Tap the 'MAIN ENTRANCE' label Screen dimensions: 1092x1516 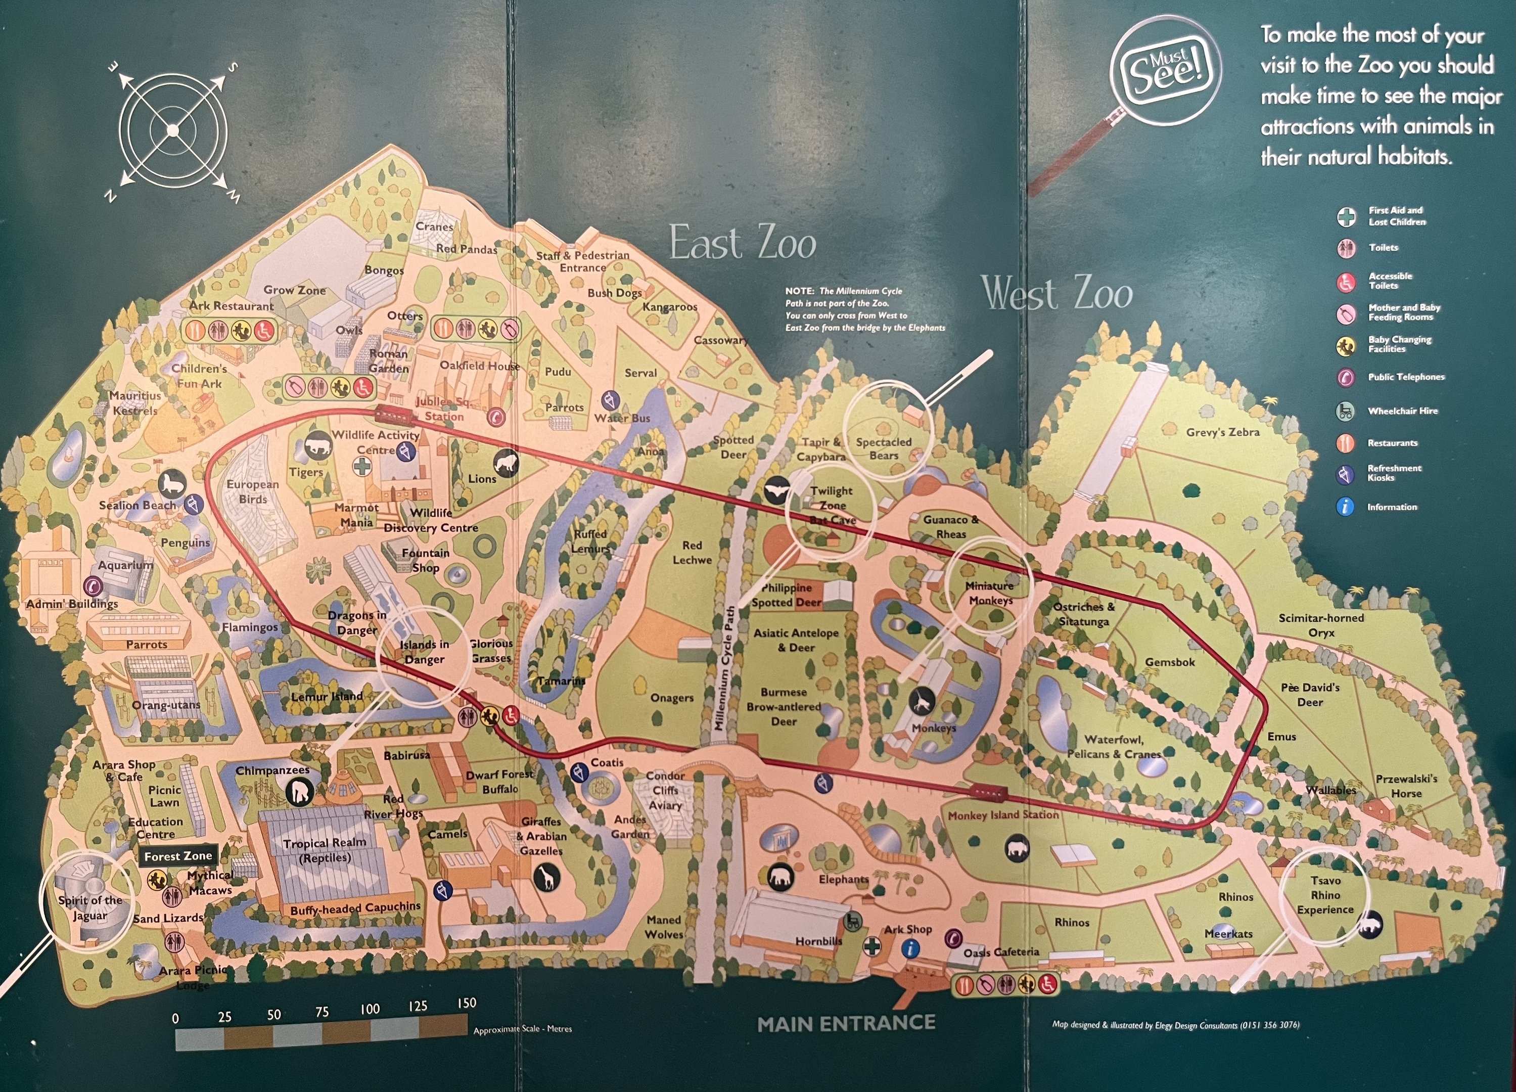point(846,1023)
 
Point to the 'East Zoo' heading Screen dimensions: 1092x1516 point(743,243)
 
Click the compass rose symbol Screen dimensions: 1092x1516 point(173,129)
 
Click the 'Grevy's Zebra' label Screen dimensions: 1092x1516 point(1223,432)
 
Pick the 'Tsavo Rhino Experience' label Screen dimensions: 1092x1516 point(1325,895)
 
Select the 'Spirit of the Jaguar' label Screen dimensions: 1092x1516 point(90,907)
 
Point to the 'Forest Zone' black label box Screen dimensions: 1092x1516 point(178,856)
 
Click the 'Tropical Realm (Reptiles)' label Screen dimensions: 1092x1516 point(325,850)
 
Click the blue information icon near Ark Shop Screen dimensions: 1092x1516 point(910,948)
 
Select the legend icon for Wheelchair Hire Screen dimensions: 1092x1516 point(1346,411)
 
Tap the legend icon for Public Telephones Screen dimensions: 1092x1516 point(1346,378)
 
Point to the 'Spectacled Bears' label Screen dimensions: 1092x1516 point(884,448)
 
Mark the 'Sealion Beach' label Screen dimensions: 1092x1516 point(137,505)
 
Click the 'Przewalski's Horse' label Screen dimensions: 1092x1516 point(1406,786)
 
